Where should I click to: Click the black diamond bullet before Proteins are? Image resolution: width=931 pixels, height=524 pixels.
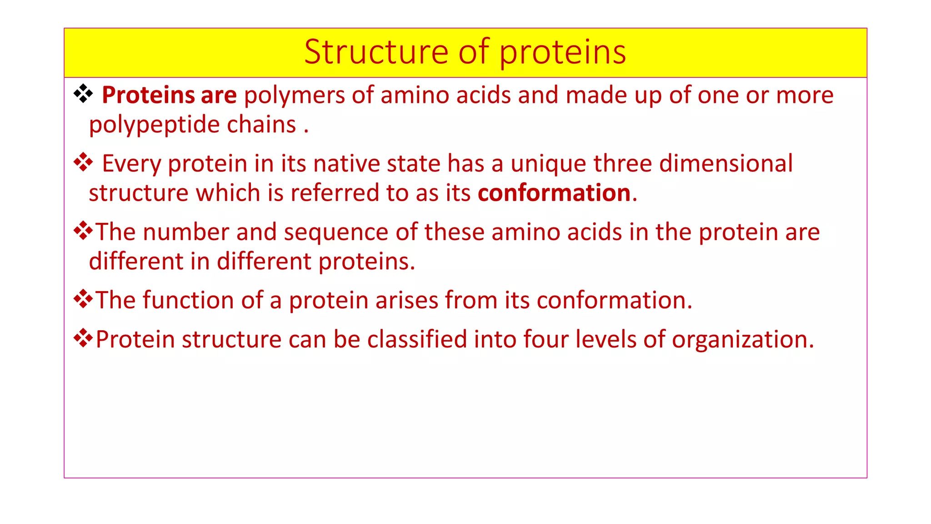[x=83, y=94]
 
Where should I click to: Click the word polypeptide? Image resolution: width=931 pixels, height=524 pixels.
[x=154, y=125]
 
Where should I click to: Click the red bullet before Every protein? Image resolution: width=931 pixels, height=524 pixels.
[x=83, y=162]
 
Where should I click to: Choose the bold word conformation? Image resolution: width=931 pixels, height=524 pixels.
[x=554, y=193]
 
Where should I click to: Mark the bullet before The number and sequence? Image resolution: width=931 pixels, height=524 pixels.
[x=83, y=231]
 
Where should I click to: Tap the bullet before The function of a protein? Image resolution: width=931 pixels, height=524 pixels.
[x=83, y=299]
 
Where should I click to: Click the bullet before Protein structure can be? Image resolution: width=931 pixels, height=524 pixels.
[x=83, y=338]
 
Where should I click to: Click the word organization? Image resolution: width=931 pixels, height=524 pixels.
[x=742, y=340]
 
